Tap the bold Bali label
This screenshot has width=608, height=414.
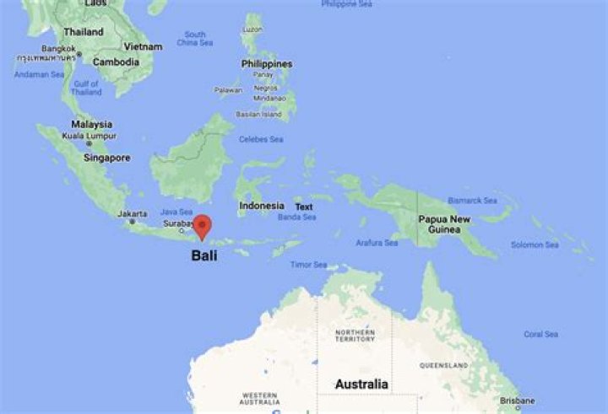203,255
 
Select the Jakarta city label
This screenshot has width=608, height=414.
133,213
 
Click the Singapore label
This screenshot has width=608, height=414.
106,158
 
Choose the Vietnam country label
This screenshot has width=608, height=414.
143,46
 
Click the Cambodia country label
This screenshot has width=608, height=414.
117,62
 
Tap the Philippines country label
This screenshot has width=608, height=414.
267,64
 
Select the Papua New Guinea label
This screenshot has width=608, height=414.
444,223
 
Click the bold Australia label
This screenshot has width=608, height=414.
361,384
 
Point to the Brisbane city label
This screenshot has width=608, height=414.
516,401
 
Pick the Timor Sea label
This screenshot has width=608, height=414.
308,265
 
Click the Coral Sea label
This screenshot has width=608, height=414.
540,335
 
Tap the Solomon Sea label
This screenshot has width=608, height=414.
535,245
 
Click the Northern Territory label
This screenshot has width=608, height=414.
355,335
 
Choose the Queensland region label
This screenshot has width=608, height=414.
443,365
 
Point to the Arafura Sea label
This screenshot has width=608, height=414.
377,243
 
